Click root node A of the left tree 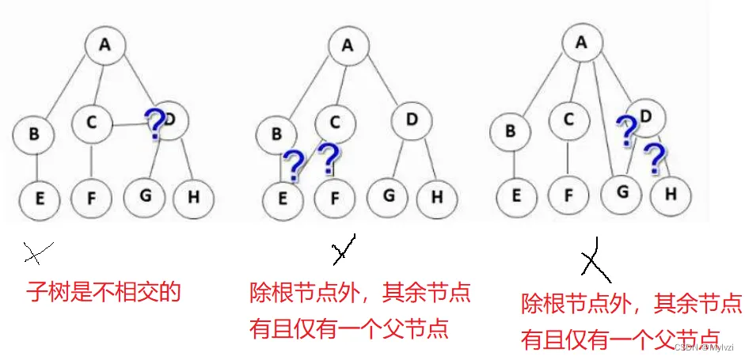(x=105, y=45)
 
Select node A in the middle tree (x=347, y=45)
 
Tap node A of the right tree (x=582, y=43)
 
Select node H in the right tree (x=671, y=192)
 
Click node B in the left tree (x=33, y=134)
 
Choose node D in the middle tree (x=412, y=120)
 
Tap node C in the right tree (x=568, y=119)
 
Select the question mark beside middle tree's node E (x=293, y=165)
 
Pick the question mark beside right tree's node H (x=655, y=159)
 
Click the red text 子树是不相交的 (x=105, y=294)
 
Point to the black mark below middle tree (x=344, y=251)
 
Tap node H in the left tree (x=192, y=195)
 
